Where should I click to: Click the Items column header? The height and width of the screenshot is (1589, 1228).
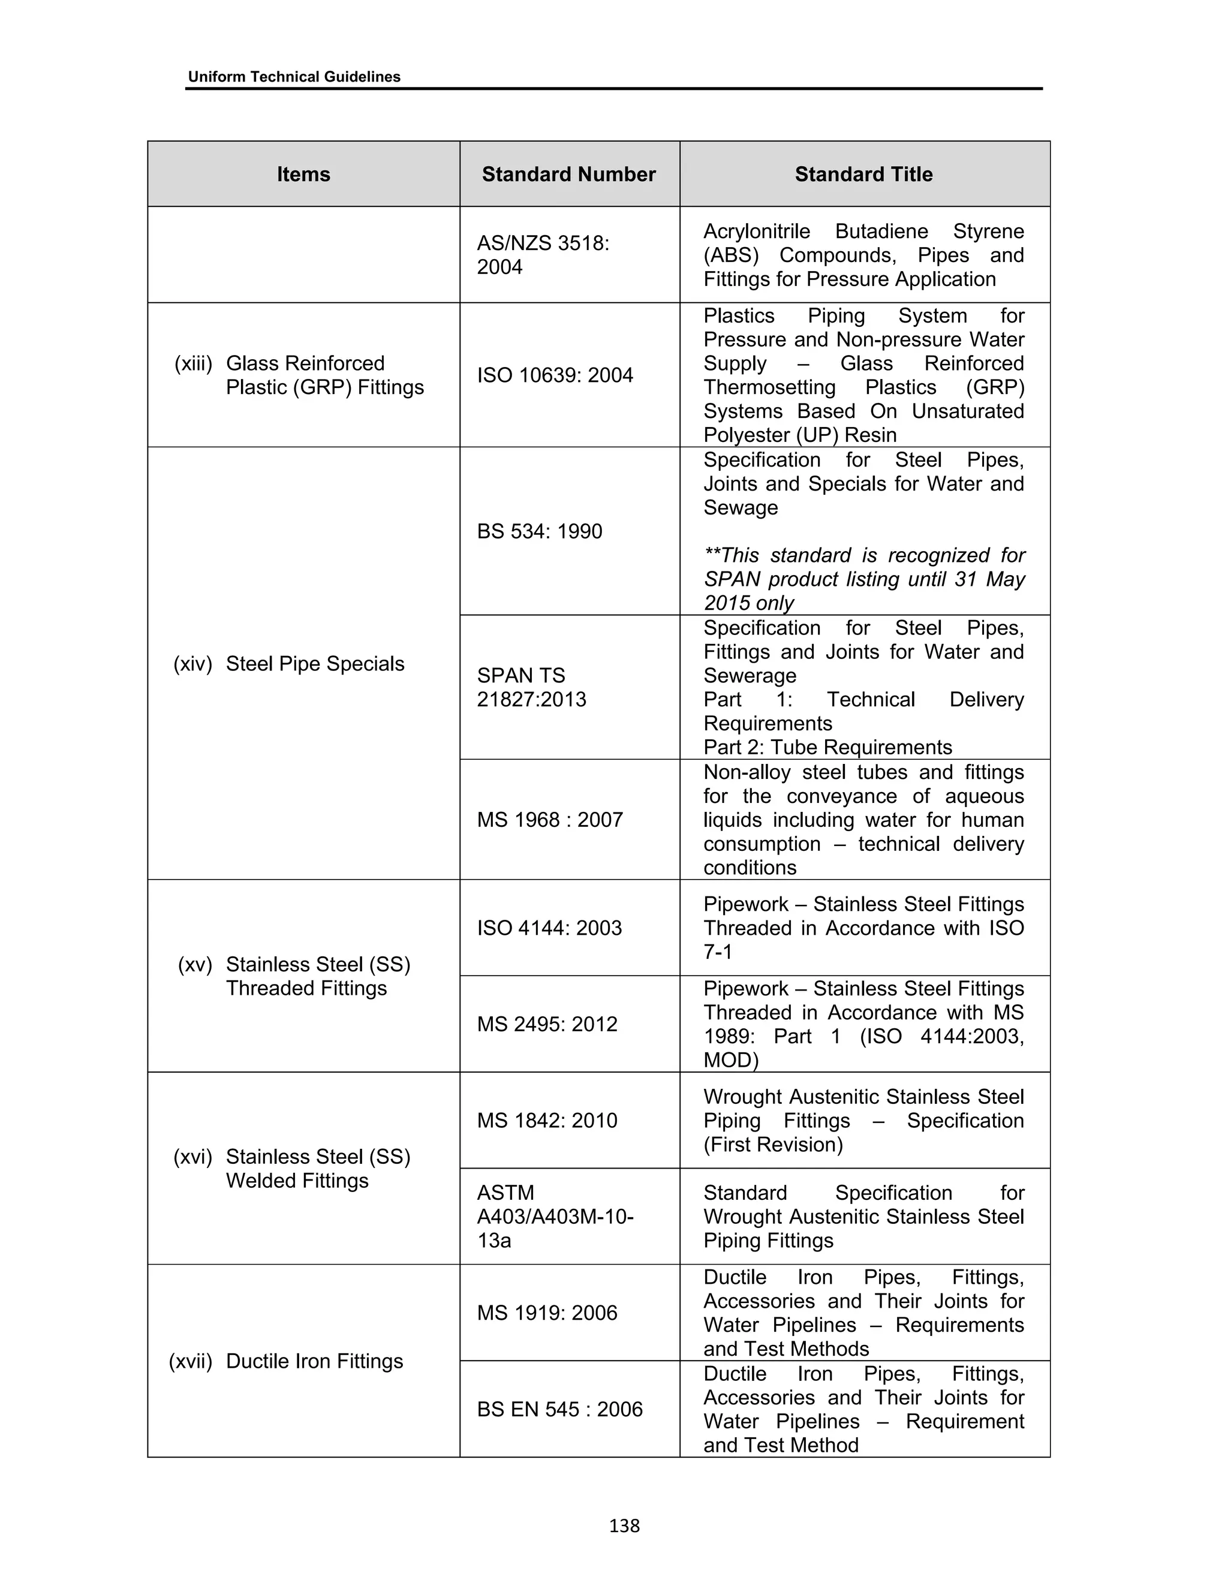[303, 174]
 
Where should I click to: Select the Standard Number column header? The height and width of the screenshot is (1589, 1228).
[568, 174]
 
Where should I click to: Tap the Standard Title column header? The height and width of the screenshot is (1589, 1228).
[863, 174]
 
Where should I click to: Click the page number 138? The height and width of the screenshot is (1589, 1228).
[624, 1525]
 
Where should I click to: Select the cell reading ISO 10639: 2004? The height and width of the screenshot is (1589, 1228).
[555, 375]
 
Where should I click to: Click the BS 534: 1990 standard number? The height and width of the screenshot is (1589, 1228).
[539, 531]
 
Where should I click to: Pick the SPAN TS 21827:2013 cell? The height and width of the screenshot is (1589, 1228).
[531, 688]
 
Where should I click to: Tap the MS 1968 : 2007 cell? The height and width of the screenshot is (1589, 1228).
[549, 820]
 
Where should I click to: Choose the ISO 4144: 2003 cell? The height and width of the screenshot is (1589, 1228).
[549, 928]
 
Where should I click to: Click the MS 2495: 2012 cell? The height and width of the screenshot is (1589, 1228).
[547, 1024]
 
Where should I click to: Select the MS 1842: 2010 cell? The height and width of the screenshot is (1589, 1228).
[547, 1121]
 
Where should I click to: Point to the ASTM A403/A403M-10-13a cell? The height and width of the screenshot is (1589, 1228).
[555, 1217]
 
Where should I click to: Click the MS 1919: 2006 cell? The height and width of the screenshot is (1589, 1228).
[547, 1313]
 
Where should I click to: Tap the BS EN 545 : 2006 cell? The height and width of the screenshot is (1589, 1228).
[559, 1409]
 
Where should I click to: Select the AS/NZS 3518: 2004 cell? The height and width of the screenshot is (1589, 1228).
[543, 255]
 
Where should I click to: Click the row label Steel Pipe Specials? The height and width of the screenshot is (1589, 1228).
[314, 664]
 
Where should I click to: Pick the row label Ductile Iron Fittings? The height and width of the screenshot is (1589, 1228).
[314, 1361]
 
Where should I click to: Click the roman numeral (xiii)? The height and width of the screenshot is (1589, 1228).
[193, 363]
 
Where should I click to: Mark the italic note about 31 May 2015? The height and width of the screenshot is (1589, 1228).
[863, 579]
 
